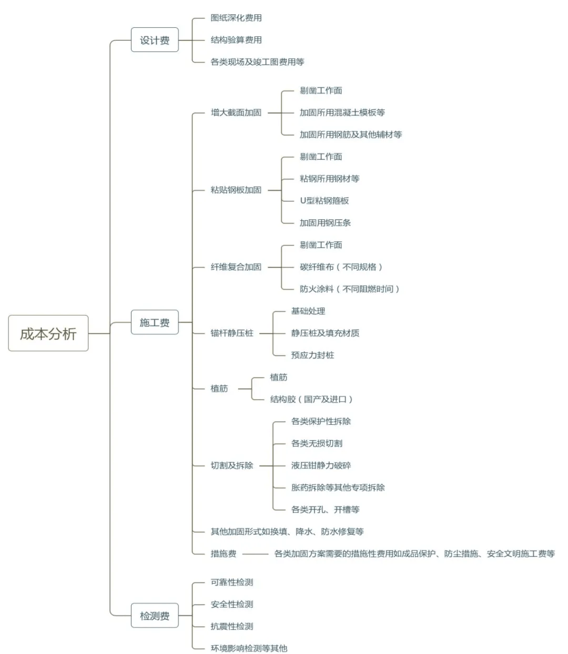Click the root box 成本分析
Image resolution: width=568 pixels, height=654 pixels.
coord(48,333)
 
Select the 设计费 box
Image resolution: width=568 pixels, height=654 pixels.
coord(155,40)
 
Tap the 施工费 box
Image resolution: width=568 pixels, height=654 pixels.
coord(155,322)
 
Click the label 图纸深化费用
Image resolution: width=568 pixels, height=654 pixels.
coord(236,18)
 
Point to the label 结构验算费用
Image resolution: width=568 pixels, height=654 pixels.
coord(236,40)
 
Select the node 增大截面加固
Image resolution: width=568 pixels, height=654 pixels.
coord(236,113)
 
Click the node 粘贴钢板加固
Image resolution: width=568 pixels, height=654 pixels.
coord(236,190)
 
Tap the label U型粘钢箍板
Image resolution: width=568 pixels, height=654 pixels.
coord(324,201)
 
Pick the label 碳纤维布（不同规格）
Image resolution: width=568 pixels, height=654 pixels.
coord(341,267)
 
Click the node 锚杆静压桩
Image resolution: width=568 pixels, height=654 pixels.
coord(232,333)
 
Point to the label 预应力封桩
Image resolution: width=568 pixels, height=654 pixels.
coord(312,355)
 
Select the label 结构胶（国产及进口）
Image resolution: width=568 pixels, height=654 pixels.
coord(311,399)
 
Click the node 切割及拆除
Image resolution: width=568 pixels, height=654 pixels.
coord(232,465)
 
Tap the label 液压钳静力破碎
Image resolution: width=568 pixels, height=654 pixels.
coord(321,465)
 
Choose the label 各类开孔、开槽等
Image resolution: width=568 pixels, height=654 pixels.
coord(325,509)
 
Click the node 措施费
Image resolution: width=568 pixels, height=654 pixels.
coord(223,554)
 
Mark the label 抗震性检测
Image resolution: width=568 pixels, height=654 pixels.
coord(232,626)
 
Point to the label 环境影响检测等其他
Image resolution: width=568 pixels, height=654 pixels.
coord(249,648)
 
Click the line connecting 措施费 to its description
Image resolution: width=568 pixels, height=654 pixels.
coord(255,554)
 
